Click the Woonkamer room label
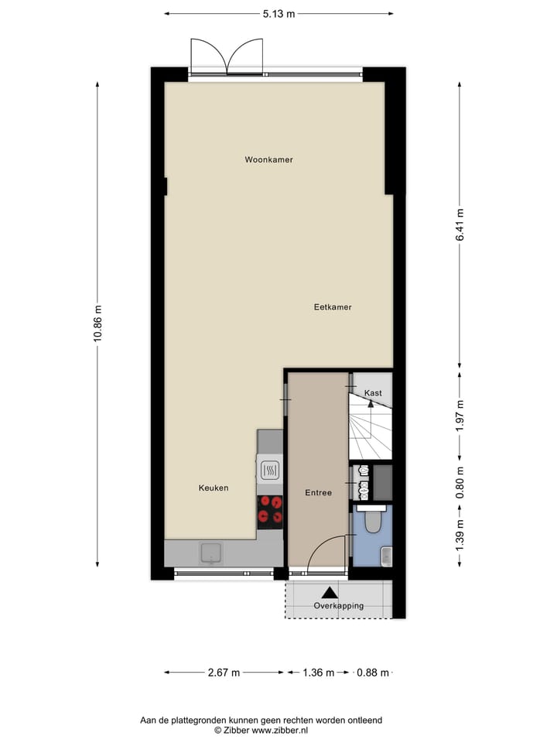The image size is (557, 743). click(x=268, y=159)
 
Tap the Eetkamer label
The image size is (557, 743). click(x=333, y=306)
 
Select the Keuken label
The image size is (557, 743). click(x=214, y=488)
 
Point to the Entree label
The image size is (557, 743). click(x=318, y=492)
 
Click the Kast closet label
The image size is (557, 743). click(x=373, y=393)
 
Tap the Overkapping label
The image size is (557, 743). click(x=339, y=606)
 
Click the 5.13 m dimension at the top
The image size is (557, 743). click(x=279, y=13)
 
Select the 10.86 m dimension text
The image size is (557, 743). click(x=97, y=322)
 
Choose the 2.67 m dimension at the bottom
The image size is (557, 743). click(x=224, y=673)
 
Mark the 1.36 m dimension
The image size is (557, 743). click(x=318, y=673)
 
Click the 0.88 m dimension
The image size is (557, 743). click(x=372, y=673)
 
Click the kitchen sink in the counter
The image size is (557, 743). click(x=211, y=553)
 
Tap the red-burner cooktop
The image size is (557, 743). click(x=270, y=510)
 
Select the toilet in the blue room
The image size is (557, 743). click(x=373, y=523)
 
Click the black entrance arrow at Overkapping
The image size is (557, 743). click(x=330, y=593)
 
